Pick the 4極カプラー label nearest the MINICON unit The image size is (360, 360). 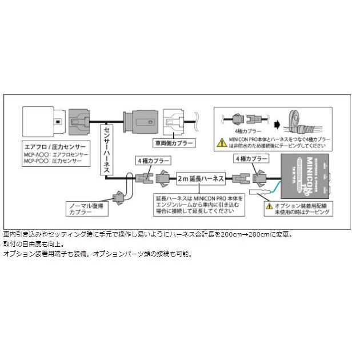pos(252,158)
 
